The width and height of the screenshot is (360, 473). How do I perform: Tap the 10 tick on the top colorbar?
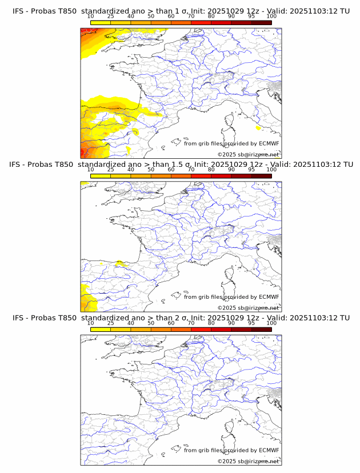(90, 16)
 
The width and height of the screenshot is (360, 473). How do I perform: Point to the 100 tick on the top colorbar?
(271, 16)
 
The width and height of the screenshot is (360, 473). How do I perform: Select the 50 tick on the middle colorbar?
(151, 170)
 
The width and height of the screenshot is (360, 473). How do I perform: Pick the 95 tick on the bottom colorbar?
(251, 323)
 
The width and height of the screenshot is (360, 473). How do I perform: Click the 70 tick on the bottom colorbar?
(191, 323)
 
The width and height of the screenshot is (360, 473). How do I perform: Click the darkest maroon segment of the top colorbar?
(261, 22)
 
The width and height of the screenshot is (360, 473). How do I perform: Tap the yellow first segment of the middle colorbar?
(100, 176)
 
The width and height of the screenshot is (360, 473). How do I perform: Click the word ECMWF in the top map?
(269, 143)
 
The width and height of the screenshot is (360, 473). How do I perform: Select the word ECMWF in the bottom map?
(269, 450)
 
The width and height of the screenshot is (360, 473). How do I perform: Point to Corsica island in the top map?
(231, 121)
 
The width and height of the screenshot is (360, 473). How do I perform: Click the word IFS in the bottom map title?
(18, 318)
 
